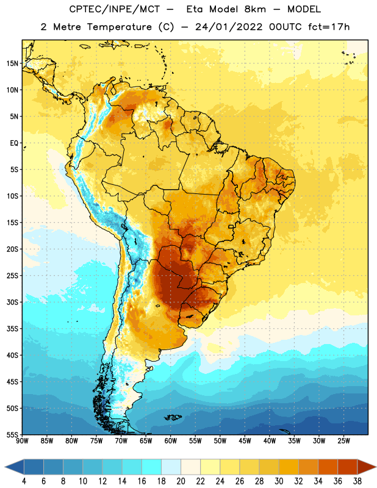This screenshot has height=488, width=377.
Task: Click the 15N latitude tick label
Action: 12,63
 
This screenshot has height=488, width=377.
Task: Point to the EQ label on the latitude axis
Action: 14,143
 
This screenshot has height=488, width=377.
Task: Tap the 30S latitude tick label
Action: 12,302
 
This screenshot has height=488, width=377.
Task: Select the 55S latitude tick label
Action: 12,435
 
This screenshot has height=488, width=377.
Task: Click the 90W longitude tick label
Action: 22,441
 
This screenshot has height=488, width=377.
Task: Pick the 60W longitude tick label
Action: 171,441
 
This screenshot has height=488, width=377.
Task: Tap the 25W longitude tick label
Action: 343,441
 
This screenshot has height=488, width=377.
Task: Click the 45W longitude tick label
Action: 245,441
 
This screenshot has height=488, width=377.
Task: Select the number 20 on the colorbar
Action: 181,481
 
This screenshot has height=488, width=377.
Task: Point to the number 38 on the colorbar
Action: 357,481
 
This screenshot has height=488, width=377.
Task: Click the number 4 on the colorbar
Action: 24,481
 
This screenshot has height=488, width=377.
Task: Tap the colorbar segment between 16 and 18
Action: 151,467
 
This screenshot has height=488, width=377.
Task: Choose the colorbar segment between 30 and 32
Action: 289,467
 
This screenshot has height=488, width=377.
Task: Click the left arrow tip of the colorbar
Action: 5,467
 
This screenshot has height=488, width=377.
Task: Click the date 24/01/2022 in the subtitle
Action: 229,27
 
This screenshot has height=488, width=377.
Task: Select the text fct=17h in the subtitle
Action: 329,27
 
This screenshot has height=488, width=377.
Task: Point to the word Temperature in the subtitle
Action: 119,27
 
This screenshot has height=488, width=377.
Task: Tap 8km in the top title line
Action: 255,9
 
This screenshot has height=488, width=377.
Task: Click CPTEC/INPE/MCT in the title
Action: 114,9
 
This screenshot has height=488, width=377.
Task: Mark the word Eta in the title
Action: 195,9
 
